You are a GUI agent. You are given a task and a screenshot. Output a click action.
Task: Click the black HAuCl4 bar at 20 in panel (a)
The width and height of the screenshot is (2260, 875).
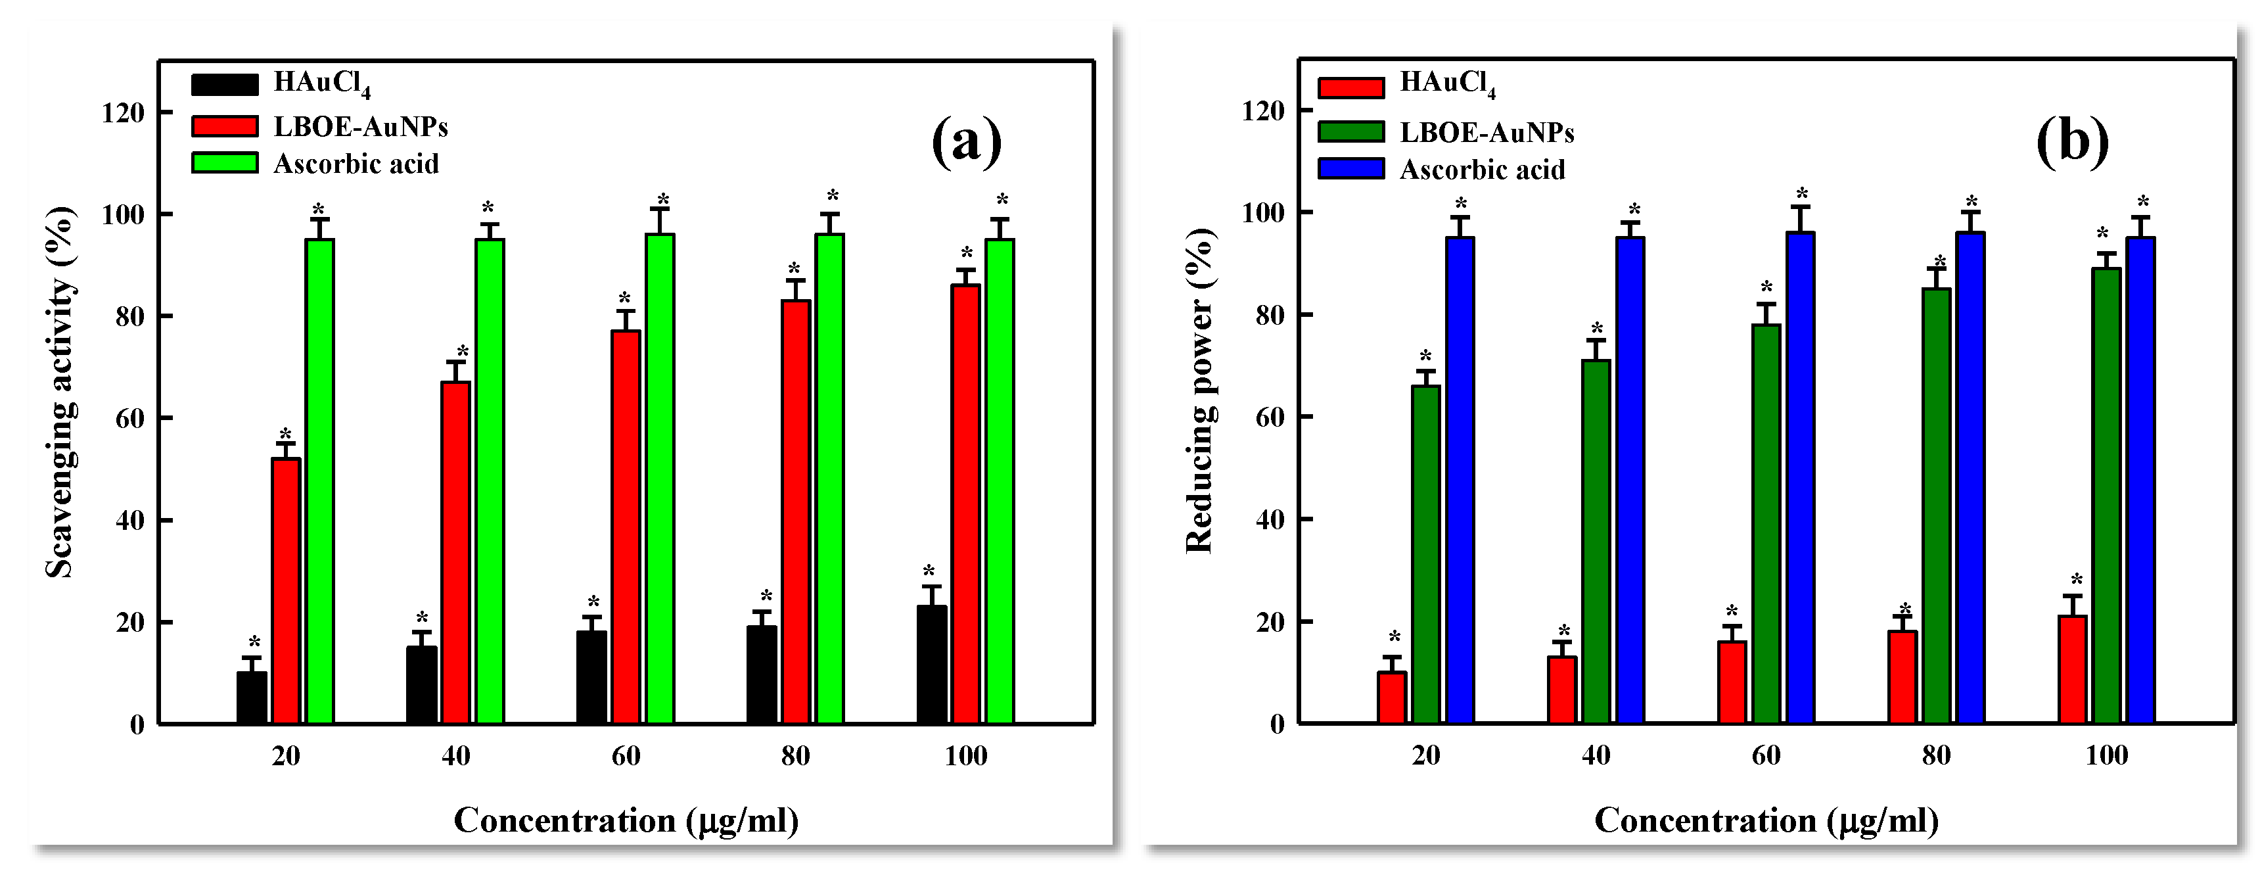(x=252, y=698)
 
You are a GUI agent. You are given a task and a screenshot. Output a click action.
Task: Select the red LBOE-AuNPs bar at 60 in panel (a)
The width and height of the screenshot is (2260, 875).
(x=626, y=527)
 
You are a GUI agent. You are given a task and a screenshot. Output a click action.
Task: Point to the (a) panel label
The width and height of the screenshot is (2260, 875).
(x=966, y=141)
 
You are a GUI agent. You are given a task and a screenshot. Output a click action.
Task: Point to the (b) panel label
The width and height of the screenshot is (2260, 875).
(x=2072, y=141)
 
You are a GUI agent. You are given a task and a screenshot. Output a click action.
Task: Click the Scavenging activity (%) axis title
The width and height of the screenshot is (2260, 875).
(x=60, y=392)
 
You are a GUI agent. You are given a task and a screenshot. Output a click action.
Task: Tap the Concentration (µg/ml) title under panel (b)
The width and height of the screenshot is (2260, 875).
(x=1766, y=820)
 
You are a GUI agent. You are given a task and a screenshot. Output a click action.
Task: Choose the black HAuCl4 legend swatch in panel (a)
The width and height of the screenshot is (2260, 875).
(x=225, y=84)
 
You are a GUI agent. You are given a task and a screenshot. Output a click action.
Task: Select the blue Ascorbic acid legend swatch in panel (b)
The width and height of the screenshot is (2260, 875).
(x=1351, y=168)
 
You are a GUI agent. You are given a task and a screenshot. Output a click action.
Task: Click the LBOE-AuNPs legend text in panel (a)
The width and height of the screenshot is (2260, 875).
(x=361, y=128)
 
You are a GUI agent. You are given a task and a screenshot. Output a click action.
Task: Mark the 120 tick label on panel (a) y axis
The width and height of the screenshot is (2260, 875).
(x=123, y=112)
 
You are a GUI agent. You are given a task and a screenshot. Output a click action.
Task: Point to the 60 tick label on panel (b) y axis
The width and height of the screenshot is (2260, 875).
(x=1270, y=417)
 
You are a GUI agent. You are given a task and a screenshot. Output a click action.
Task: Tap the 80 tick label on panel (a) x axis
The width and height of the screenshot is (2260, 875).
(x=795, y=755)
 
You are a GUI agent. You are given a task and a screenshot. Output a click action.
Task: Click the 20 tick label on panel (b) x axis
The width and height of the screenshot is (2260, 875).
(x=1425, y=755)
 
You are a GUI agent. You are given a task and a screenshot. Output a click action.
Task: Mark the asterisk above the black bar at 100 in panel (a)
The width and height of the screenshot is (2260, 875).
(x=929, y=571)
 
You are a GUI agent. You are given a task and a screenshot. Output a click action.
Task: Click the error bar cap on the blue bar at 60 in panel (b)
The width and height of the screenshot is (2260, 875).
(x=1800, y=207)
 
